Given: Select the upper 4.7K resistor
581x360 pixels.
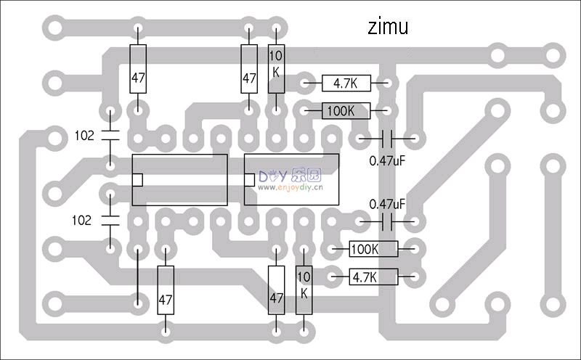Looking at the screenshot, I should (x=346, y=83).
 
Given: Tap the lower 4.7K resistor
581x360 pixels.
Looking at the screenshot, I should (x=373, y=277).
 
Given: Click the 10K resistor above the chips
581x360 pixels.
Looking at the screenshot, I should (x=276, y=69).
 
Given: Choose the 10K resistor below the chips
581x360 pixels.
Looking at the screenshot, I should (x=304, y=290).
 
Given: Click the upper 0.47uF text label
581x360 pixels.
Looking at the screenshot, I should (x=387, y=160).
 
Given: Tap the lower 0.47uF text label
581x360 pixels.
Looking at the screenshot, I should (x=387, y=205).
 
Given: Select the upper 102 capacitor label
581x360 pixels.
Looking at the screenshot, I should (x=84, y=135).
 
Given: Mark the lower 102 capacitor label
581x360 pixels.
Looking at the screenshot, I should (x=84, y=220).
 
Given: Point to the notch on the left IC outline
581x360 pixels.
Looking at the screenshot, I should (x=137, y=180).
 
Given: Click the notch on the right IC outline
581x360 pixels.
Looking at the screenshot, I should (x=249, y=180).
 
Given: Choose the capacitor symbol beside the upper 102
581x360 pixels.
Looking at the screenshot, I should (x=110, y=135).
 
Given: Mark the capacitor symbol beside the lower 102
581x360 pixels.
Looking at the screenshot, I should (x=110, y=220).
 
